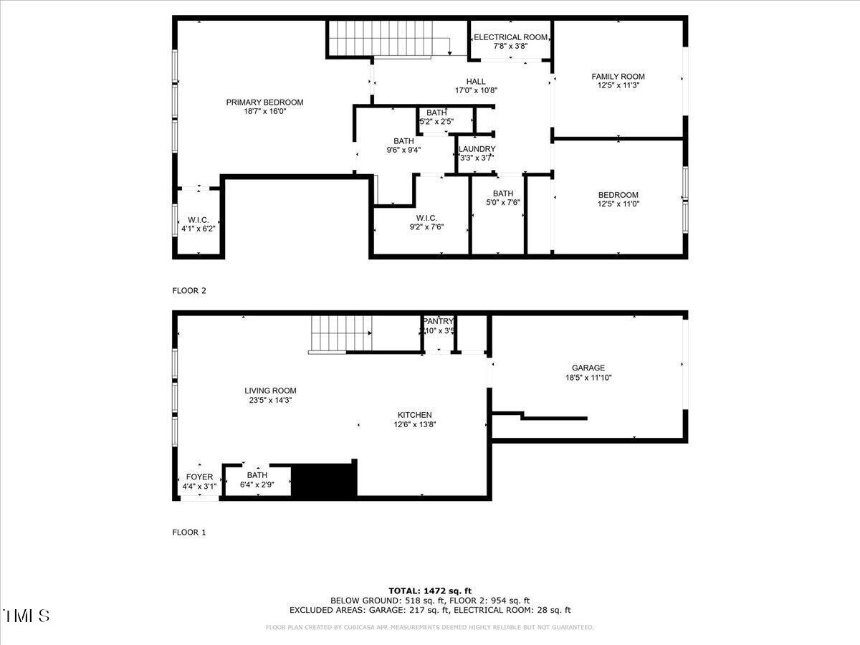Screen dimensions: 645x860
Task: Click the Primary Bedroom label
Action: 264,102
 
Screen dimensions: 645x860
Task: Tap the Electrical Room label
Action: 510,37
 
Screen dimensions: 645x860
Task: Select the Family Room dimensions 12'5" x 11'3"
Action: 618,85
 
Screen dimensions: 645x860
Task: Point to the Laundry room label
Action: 477,149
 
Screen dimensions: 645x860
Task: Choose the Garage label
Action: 588,368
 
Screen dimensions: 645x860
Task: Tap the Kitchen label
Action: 415,415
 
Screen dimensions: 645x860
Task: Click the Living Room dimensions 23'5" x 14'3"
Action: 269,400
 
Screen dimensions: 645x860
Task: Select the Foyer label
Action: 199,477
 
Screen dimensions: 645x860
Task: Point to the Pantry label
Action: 438,322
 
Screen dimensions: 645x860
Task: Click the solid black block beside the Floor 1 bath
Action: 325,480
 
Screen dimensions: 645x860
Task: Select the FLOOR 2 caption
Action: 189,290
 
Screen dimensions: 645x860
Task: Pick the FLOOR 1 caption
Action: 189,532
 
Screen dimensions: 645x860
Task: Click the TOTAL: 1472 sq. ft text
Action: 430,591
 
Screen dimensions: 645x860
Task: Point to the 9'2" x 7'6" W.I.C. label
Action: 426,219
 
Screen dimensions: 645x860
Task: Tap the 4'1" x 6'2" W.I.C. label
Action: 199,219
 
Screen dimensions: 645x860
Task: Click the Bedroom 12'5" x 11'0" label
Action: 618,195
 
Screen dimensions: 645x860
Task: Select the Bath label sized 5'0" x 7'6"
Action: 502,193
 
